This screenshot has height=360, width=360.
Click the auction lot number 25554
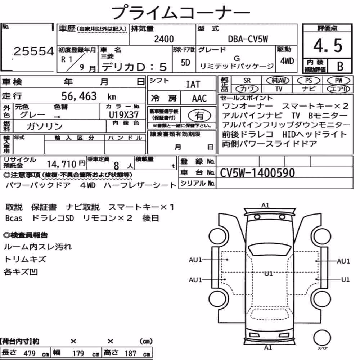click(x=34, y=51)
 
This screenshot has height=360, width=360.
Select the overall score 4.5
click(x=328, y=45)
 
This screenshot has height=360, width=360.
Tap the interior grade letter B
click(x=340, y=66)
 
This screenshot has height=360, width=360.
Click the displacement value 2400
click(x=164, y=39)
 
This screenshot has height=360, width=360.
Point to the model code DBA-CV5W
click(x=248, y=39)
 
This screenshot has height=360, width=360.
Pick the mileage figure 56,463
click(x=79, y=96)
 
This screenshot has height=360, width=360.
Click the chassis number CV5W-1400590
click(x=257, y=173)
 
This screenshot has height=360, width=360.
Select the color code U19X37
click(x=124, y=115)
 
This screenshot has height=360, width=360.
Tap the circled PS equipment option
click(x=309, y=81)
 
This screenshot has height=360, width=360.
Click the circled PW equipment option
click(x=338, y=81)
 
